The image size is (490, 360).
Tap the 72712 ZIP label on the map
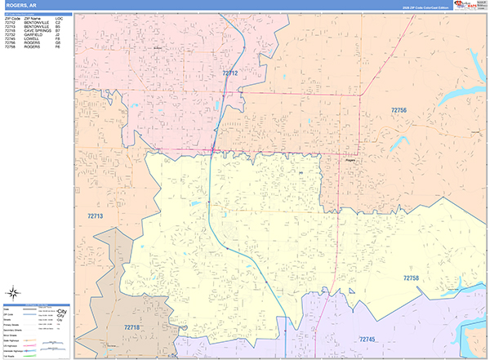click(x=230, y=73)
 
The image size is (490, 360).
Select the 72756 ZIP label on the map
click(x=399, y=109)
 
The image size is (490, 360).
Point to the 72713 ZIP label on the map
click(x=96, y=216)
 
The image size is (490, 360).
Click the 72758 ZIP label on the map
click(x=412, y=278)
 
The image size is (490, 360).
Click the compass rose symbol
click(x=14, y=293)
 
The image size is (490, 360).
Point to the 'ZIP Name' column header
click(x=32, y=18)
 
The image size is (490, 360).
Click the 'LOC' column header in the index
click(x=58, y=18)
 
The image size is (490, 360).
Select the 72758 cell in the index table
click(x=11, y=47)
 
